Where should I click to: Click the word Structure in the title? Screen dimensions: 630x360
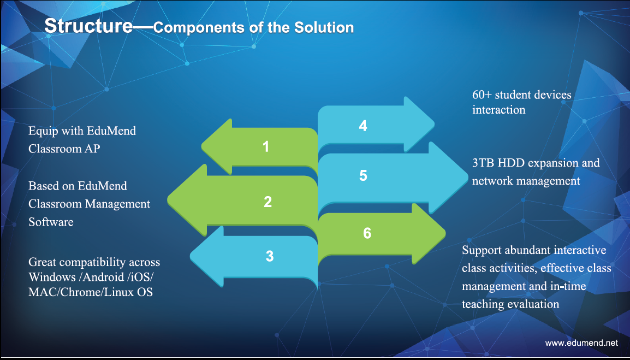(x=88, y=26)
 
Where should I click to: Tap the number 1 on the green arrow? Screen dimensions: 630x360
(x=265, y=147)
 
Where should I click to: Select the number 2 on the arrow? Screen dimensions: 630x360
(x=268, y=202)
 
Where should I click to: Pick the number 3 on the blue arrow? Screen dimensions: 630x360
(x=270, y=256)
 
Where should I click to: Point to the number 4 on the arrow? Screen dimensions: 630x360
(x=363, y=126)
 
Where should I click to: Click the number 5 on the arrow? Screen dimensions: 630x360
(x=363, y=175)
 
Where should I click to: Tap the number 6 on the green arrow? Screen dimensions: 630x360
(x=367, y=233)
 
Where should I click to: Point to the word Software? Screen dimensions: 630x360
(x=51, y=222)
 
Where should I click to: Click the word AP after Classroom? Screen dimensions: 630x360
(x=92, y=149)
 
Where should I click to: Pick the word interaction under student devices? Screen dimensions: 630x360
(x=498, y=110)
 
